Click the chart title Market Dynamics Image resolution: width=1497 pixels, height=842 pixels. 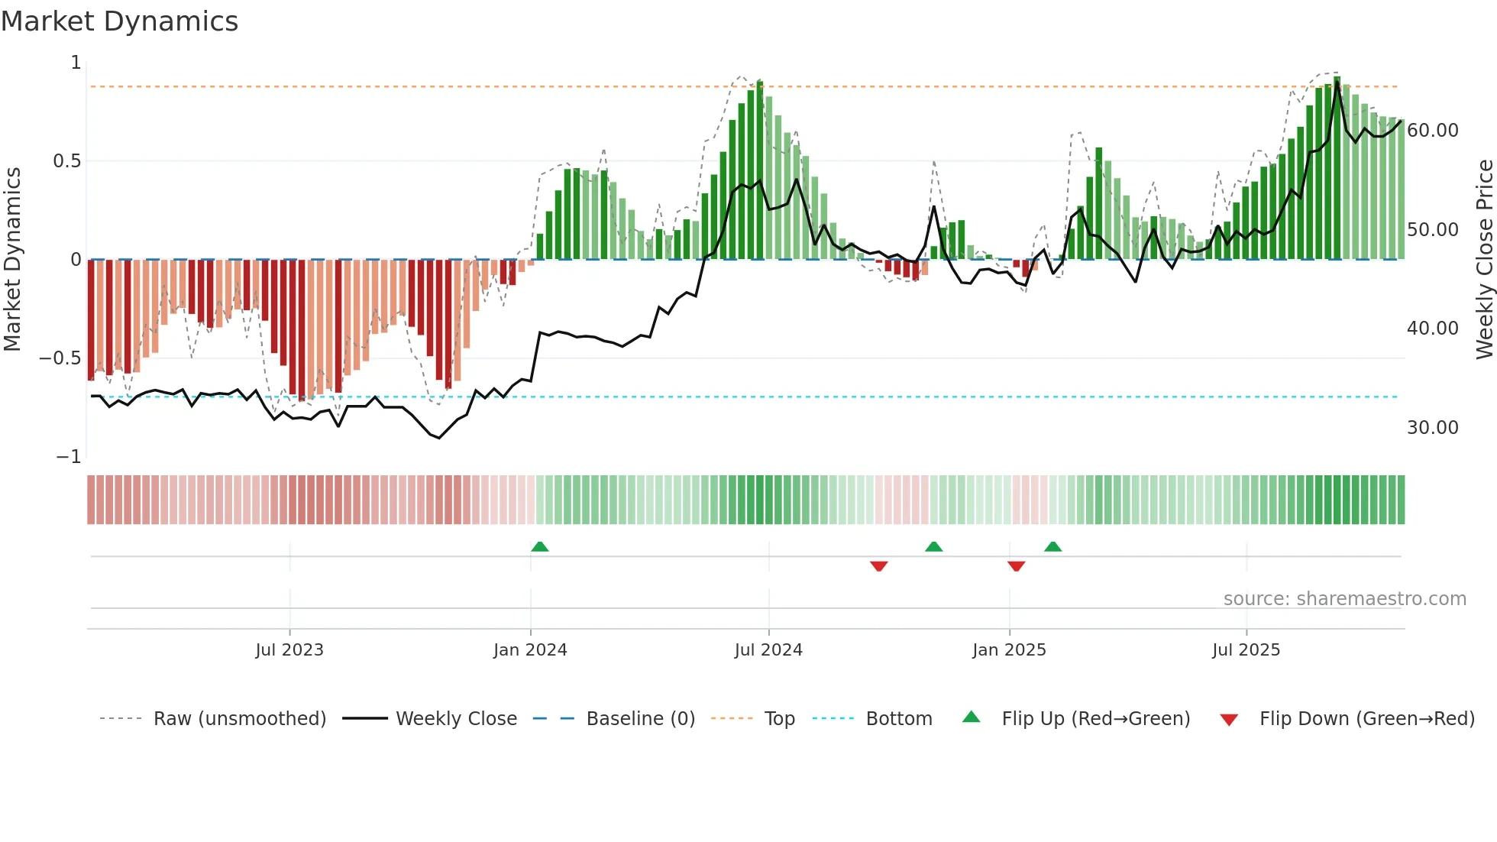coord(120,21)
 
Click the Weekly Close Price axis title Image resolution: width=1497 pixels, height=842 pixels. coord(1484,259)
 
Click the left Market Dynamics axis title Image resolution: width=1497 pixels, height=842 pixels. coord(12,259)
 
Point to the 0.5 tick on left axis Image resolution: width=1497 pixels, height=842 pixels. coord(67,161)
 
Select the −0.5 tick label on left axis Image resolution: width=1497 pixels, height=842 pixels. coord(60,358)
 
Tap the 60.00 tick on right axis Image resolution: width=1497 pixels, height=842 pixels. coord(1432,131)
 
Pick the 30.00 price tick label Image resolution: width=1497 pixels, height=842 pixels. coord(1432,428)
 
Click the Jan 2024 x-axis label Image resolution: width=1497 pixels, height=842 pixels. coord(530,650)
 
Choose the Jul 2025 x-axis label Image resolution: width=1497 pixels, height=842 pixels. coord(1246,650)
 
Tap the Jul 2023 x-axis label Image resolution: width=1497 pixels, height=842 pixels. coord(289,650)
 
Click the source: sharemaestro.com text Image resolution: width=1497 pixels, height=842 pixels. coord(1344,599)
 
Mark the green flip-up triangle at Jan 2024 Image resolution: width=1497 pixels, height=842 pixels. coord(540,546)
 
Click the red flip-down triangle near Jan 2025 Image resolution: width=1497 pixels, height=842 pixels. coord(1016,566)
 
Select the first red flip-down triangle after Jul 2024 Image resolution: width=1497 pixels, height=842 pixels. coord(878,566)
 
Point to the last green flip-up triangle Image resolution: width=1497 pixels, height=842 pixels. coord(1052,546)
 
